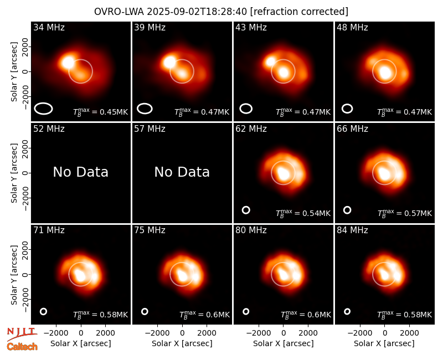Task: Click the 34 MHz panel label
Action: point(49,27)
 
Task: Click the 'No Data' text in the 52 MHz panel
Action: point(81,172)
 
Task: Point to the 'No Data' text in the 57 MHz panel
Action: point(182,172)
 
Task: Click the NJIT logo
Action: point(22,334)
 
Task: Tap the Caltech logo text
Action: point(22,347)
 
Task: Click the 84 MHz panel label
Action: point(352,230)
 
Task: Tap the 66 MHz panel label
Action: point(352,129)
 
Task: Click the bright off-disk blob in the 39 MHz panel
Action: point(169,62)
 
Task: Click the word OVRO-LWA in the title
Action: point(119,12)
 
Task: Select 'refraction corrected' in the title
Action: point(299,12)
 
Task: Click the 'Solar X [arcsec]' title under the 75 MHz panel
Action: point(182,343)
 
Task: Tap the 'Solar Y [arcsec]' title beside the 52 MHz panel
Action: point(14,173)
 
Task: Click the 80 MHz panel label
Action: point(251,230)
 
